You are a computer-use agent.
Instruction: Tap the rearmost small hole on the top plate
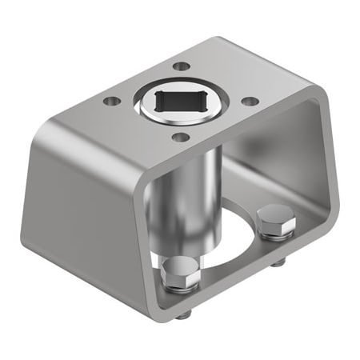click(182, 66)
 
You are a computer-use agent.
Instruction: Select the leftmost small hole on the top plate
click(111, 102)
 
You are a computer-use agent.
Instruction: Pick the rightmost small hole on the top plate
click(250, 101)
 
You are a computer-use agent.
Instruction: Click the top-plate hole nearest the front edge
click(181, 138)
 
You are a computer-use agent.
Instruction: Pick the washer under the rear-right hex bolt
click(276, 231)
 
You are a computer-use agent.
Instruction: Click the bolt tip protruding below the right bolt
click(277, 262)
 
